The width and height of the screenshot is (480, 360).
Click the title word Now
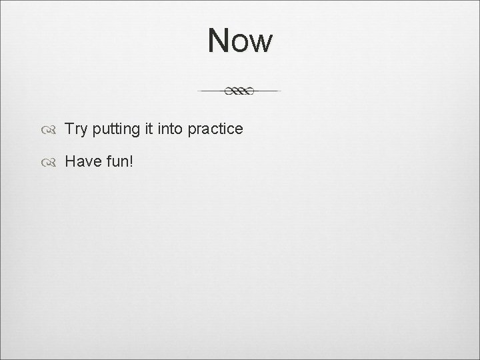[240, 41]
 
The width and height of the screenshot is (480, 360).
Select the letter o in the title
[241, 43]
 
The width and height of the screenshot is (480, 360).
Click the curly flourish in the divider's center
[240, 91]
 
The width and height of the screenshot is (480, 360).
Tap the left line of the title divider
[212, 90]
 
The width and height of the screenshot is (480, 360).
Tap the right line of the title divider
[267, 90]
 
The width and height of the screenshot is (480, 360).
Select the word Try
[76, 129]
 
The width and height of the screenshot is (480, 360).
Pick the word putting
[116, 130]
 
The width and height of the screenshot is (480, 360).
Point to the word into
[170, 129]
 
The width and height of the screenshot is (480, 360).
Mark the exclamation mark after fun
[131, 161]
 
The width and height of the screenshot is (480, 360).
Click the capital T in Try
[69, 129]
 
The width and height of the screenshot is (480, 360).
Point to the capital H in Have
[69, 161]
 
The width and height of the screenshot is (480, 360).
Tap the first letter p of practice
[192, 131]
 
